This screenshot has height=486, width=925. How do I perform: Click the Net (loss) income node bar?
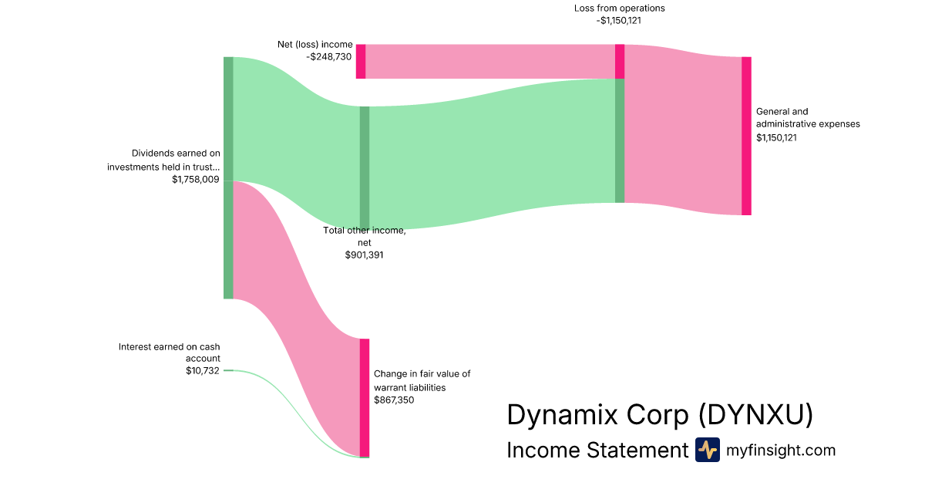[361, 61]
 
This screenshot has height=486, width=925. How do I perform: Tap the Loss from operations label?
[619, 8]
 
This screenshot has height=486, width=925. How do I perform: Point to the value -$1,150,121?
[619, 21]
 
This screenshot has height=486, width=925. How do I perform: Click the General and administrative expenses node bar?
[746, 136]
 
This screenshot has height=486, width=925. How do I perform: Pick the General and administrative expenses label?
[808, 117]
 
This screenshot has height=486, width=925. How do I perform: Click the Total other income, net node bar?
[365, 167]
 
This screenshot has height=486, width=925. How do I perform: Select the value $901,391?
[364, 255]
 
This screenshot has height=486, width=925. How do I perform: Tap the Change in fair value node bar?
[365, 397]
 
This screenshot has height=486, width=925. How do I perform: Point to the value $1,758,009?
[196, 179]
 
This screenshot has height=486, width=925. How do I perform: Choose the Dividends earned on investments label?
[164, 160]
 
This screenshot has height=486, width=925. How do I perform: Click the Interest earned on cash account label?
[170, 353]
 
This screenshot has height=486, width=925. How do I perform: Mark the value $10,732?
[203, 370]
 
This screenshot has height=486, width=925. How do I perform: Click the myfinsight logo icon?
[707, 450]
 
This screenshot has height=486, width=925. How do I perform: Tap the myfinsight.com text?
[781, 451]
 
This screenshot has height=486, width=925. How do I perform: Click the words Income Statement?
[597, 451]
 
